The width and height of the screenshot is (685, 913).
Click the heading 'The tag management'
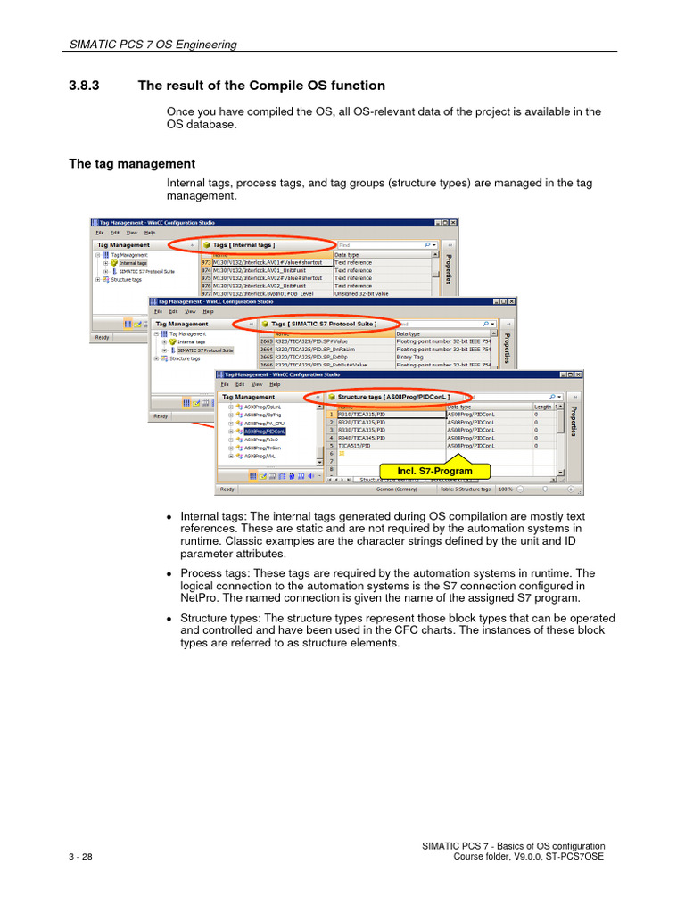click(x=131, y=164)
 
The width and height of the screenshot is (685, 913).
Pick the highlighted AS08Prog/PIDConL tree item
click(x=272, y=431)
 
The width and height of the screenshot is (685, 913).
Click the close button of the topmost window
click(x=453, y=222)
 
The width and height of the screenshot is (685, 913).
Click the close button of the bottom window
click(x=579, y=375)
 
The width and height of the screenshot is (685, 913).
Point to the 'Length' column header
click(x=542, y=407)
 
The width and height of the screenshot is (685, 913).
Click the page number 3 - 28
click(x=79, y=857)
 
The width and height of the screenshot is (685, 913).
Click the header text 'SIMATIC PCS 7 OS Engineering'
click(x=153, y=45)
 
